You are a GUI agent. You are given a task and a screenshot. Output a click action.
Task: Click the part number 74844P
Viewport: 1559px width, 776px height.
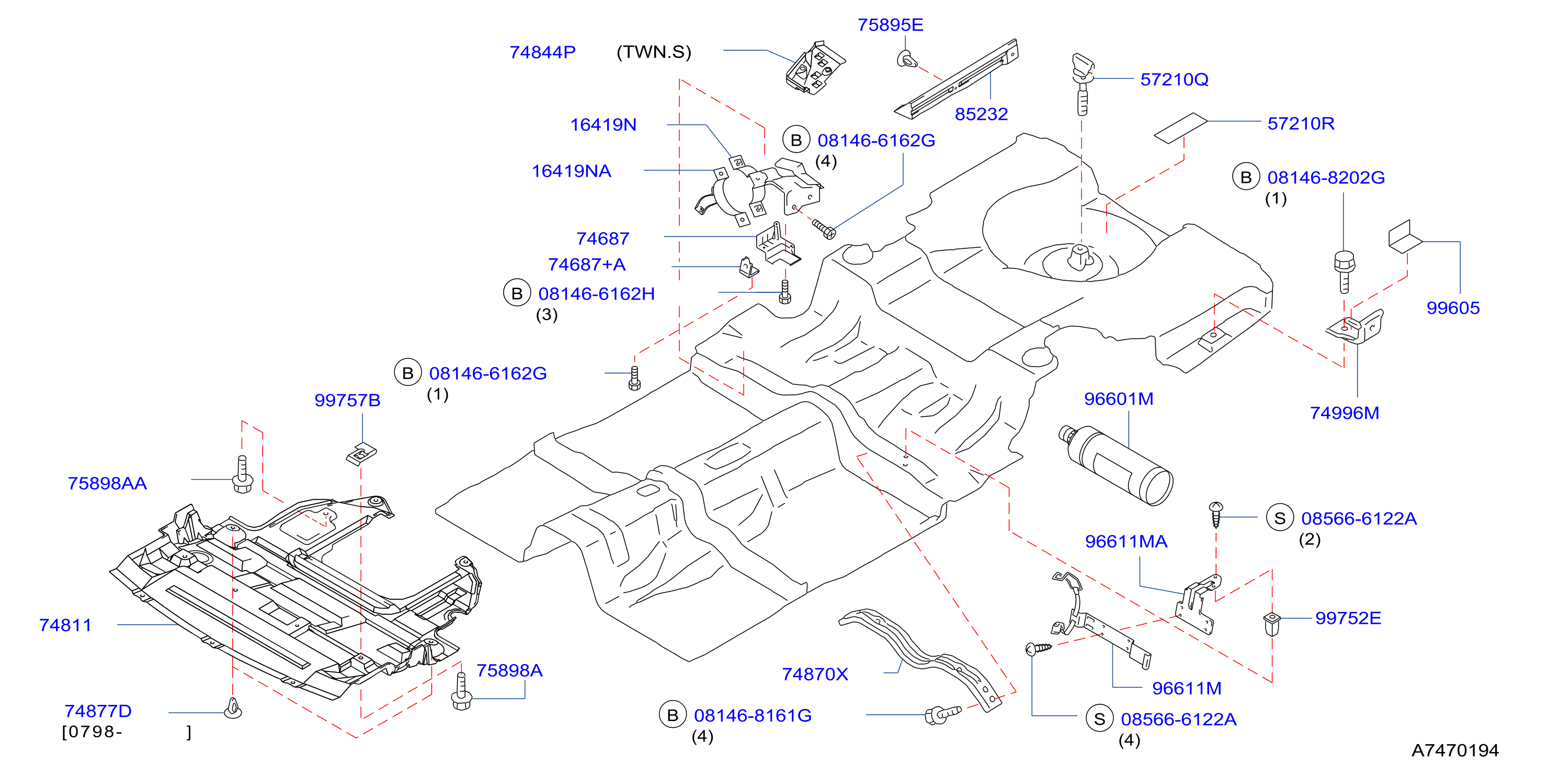pos(542,52)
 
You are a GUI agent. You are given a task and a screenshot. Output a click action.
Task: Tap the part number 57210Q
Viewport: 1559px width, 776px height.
pos(1174,79)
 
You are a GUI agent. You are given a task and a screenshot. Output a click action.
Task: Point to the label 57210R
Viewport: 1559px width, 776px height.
pos(1301,123)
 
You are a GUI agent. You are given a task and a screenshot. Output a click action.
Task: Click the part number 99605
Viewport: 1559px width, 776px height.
pos(1452,307)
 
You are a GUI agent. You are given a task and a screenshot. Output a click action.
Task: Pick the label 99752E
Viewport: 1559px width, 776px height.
pos(1348,618)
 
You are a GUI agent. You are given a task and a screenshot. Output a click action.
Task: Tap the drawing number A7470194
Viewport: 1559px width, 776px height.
pos(1455,750)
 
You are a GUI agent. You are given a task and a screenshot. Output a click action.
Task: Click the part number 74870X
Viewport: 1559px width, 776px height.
pos(815,675)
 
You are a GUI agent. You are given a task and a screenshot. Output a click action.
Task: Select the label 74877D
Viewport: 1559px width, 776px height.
pos(98,711)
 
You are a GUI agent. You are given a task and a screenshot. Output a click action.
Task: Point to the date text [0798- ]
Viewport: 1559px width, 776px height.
pos(127,733)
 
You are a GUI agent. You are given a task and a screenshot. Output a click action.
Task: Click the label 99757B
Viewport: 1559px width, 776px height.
pos(347,400)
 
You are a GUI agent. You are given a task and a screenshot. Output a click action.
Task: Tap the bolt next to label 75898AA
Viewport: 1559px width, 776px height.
pos(243,475)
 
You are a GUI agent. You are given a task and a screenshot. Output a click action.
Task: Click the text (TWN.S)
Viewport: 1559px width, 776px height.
pos(654,52)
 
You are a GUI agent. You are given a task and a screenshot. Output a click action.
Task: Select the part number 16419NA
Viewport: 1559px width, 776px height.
pos(571,172)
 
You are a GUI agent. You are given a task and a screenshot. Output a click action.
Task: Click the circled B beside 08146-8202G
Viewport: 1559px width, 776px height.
pos(1246,177)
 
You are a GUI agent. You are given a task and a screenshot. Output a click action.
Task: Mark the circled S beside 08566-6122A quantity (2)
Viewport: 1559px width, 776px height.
pos(1279,518)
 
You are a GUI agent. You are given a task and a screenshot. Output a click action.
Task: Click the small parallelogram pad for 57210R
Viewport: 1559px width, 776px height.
pos(1181,128)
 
